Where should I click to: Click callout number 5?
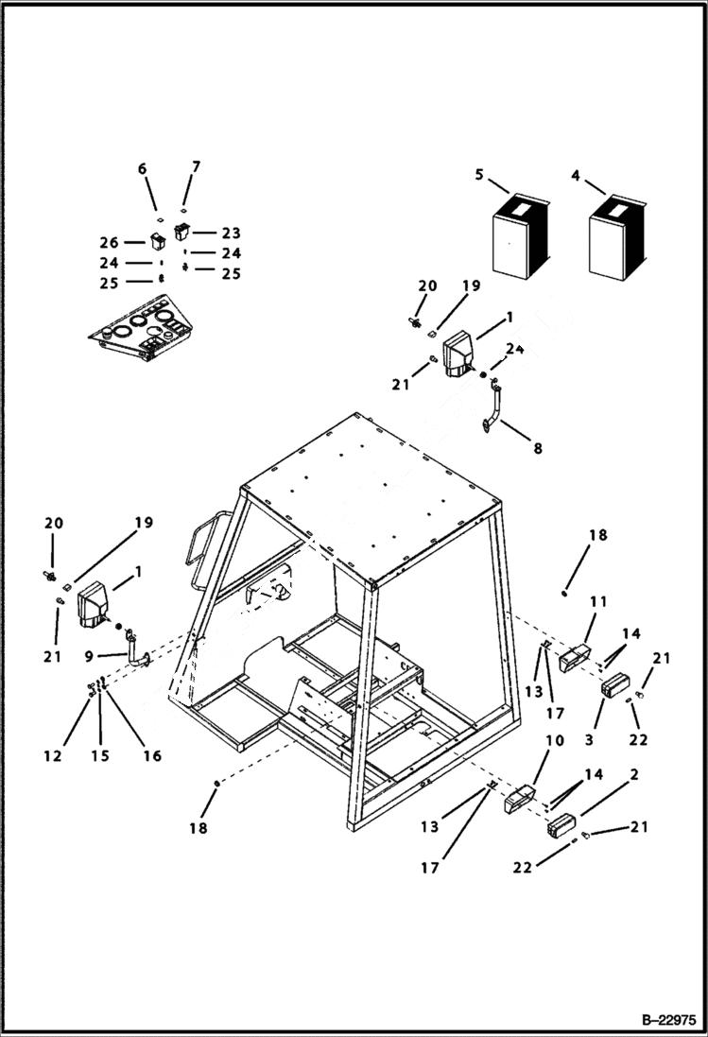(479, 174)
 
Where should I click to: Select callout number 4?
(576, 174)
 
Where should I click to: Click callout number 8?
(537, 449)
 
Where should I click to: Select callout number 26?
(109, 242)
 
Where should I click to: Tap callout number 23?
(232, 233)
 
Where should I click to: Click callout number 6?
(143, 168)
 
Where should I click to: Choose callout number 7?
(196, 166)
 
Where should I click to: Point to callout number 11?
(598, 601)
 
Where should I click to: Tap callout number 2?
(634, 774)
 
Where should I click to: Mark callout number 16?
(151, 755)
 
